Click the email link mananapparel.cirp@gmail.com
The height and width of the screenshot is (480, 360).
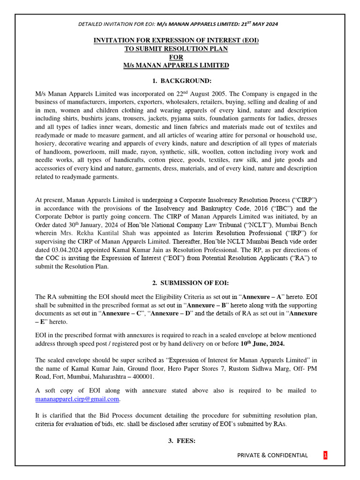77,399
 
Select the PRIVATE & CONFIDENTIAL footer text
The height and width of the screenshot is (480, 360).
272,455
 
